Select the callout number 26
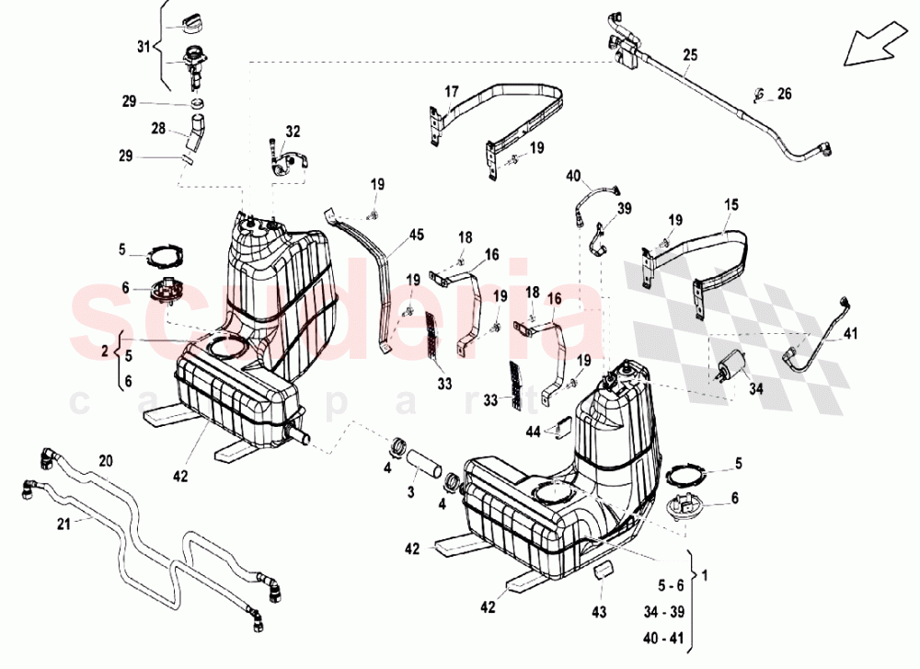pos(784,93)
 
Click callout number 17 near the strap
pos(452,91)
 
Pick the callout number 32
pos(293,132)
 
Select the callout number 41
pos(850,334)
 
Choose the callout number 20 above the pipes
pos(105,459)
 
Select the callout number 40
pos(573,175)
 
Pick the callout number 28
pos(157,128)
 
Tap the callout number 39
pos(625,209)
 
